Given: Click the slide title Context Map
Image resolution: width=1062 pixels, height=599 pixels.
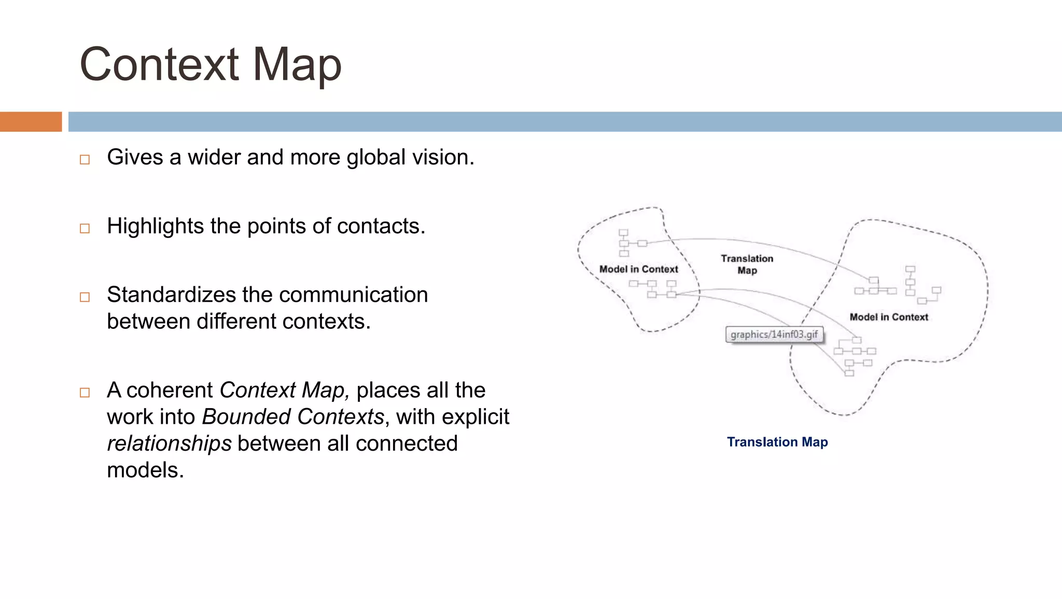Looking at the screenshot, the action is [211, 64].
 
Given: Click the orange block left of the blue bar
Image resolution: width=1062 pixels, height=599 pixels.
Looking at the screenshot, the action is [31, 122].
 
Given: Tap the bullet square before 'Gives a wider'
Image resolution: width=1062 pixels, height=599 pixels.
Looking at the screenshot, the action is [85, 160].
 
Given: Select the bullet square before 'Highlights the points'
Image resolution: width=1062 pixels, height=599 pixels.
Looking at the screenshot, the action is [85, 228].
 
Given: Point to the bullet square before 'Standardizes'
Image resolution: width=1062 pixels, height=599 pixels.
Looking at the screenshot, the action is [85, 297].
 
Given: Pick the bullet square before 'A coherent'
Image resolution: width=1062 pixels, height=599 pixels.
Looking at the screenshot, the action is [85, 393].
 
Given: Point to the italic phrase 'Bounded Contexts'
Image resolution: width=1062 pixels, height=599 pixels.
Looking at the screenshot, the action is [293, 417].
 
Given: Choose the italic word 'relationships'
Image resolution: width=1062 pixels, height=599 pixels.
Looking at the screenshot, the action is [169, 444].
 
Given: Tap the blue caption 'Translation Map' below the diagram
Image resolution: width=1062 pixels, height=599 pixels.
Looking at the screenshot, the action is [777, 442].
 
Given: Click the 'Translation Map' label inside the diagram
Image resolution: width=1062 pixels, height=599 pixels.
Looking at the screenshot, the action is [747, 264].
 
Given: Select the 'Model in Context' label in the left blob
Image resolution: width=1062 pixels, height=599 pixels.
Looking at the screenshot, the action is [638, 269].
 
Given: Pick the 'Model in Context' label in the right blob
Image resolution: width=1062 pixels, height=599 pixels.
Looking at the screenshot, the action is [889, 317].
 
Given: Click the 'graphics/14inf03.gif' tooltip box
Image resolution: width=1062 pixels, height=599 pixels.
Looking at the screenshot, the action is [774, 335].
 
